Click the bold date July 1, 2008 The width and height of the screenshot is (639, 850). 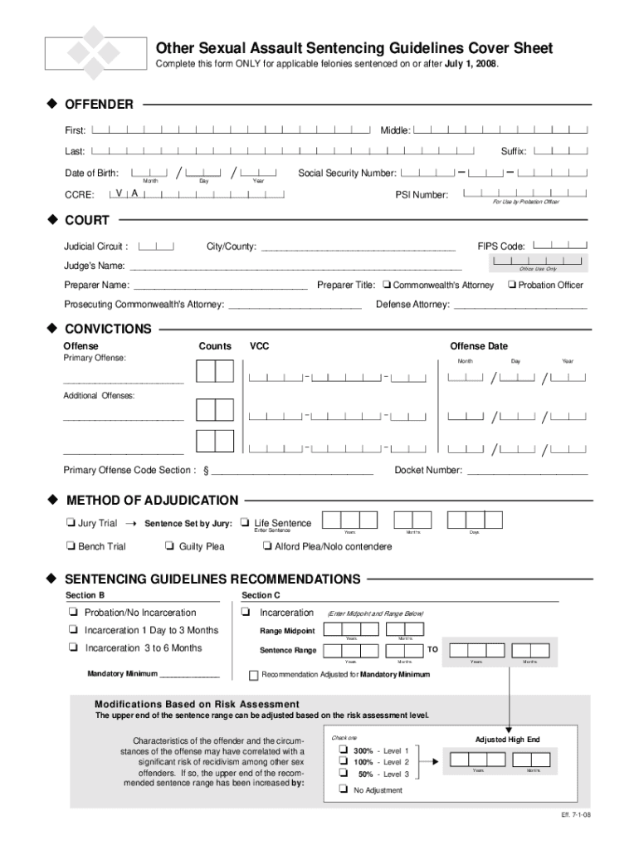tap(471, 65)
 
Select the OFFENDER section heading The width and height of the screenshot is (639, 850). tap(100, 105)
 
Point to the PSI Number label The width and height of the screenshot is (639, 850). tap(422, 195)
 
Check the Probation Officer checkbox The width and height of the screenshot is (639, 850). tap(511, 285)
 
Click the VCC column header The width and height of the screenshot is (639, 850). tap(260, 346)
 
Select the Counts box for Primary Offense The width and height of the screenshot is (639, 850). tap(214, 371)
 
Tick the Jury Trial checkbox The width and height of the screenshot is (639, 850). tap(70, 524)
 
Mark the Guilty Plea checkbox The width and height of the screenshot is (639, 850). tap(170, 546)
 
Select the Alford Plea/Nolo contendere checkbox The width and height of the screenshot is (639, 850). tap(267, 546)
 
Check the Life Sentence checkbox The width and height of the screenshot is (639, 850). tap(245, 523)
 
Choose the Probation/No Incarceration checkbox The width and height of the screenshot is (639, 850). tap(74, 613)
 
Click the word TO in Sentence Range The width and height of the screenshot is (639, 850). tap(432, 648)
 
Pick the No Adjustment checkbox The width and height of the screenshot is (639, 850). tap(342, 789)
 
